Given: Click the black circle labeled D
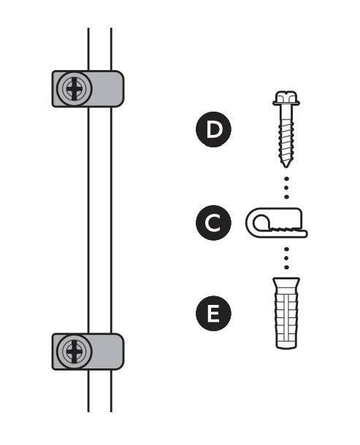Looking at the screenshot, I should (x=213, y=130).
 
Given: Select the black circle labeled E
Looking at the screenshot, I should (x=213, y=314).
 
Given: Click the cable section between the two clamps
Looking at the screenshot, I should (x=99, y=219).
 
